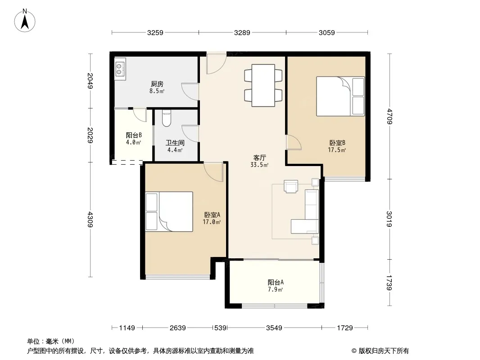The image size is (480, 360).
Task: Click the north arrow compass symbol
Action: (25, 21)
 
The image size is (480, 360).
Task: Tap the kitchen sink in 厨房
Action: (120, 69)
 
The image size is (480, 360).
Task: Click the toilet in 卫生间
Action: (166, 118)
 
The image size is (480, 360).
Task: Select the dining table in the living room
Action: (263, 85)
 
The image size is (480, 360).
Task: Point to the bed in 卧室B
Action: (340, 96)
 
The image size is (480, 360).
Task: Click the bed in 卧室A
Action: (169, 211)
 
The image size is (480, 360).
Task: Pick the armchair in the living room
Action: (291, 186)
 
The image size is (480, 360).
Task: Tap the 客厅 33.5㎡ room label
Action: (259, 161)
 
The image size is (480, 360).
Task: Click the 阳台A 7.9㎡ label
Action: (275, 286)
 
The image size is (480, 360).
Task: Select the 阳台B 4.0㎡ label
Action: (134, 139)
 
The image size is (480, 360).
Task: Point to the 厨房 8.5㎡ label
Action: (157, 87)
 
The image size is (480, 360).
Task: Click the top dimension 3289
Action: (242, 32)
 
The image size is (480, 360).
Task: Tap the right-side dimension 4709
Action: (389, 116)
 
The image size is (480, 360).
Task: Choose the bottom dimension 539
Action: (220, 328)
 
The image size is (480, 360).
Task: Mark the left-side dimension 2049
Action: (90, 81)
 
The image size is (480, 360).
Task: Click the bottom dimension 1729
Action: (345, 328)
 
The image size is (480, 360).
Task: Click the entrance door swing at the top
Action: (216, 63)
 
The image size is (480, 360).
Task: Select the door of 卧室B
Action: (294, 142)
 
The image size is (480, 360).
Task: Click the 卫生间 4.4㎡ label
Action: (175, 146)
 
